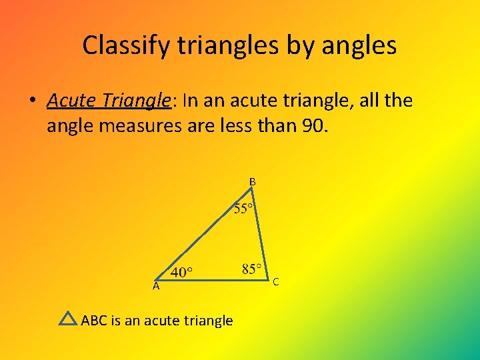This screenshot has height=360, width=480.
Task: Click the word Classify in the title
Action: coord(123,45)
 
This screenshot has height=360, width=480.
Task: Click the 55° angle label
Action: coord(243,209)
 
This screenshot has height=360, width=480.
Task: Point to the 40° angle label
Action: coord(182,272)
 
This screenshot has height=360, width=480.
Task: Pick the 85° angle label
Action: coord(253,270)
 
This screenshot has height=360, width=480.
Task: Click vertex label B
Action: coord(253,181)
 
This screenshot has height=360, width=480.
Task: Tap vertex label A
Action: coord(155,286)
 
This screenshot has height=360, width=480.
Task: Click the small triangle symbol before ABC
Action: coord(68,319)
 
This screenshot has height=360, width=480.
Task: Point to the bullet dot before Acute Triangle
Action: coord(31,101)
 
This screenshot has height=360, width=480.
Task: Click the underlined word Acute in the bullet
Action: coord(73,101)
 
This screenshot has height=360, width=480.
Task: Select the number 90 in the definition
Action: coord(315,126)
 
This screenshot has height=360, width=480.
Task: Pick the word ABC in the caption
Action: coord(95,321)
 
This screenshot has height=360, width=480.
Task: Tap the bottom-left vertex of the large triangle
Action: coord(155,279)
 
